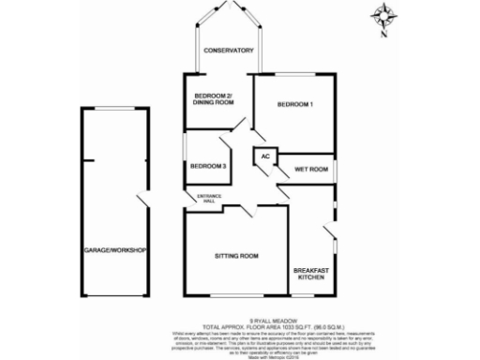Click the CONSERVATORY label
point(231,51)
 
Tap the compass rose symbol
point(384,17)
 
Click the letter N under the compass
point(385,36)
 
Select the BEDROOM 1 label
point(295,104)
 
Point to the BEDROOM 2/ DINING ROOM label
point(213,98)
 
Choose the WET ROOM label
point(310,170)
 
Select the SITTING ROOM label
point(236,255)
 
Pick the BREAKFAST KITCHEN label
point(310,273)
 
